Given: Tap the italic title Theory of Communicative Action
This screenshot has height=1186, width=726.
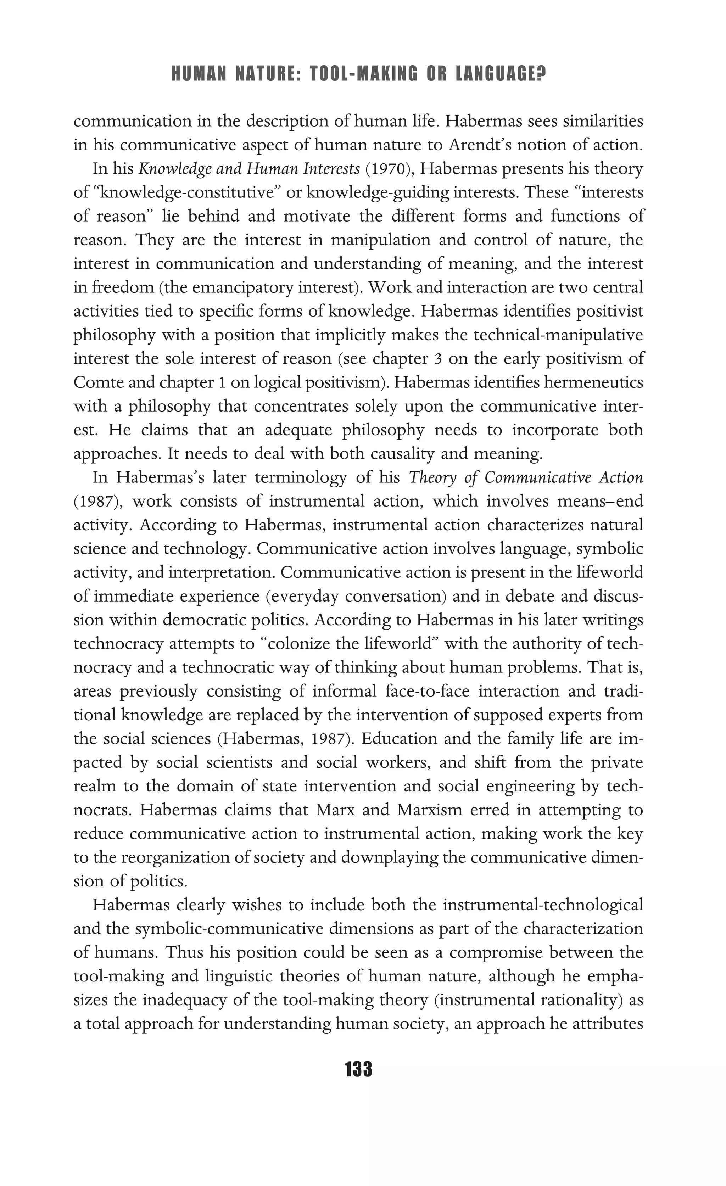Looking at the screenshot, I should click(x=526, y=477).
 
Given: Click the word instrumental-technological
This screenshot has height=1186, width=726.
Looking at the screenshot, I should click(x=543, y=905).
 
